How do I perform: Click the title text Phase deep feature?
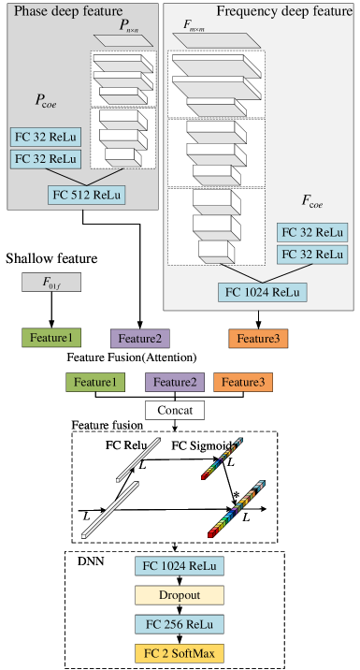click(67, 11)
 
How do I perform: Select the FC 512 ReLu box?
click(89, 195)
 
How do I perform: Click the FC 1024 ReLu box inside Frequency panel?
click(262, 291)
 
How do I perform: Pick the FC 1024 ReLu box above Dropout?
click(180, 565)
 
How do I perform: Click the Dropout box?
click(180, 595)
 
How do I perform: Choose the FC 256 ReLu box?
click(180, 624)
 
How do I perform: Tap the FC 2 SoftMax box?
click(180, 653)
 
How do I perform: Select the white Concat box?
click(175, 409)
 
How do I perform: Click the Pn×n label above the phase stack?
click(129, 28)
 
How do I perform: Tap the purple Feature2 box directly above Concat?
click(175, 382)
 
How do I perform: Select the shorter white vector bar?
click(145, 459)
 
